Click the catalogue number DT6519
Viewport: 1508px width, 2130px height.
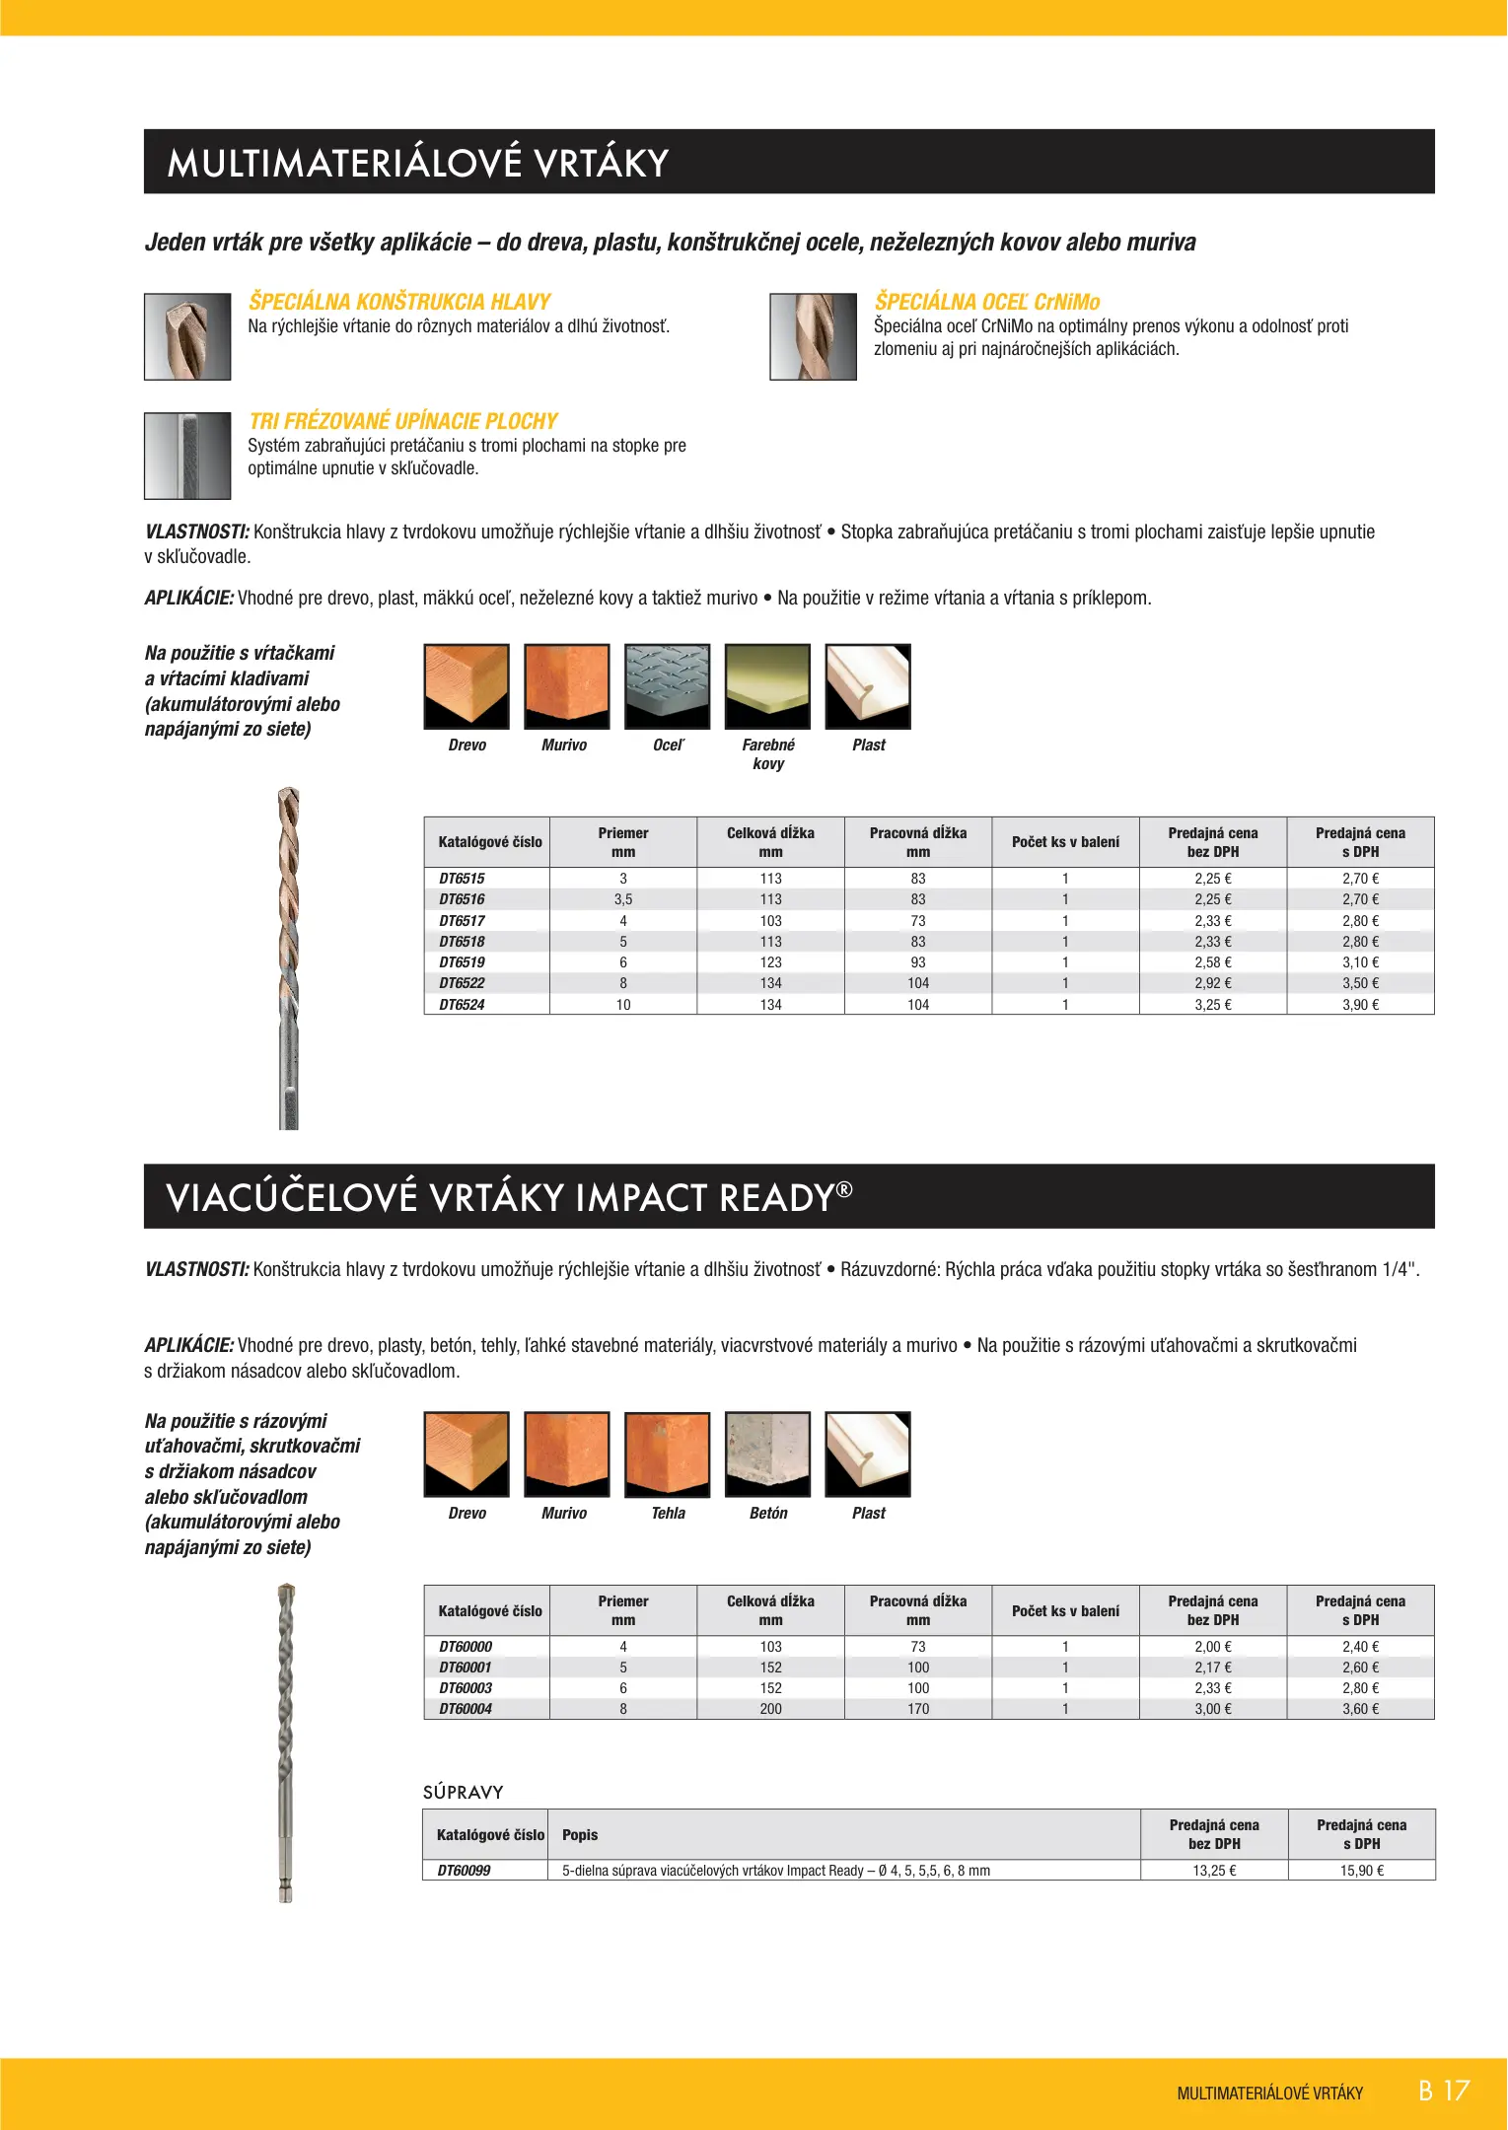[x=462, y=962]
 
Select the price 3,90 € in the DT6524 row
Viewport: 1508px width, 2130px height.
[x=1360, y=1005]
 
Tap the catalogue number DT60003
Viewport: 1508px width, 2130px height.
[x=466, y=1688]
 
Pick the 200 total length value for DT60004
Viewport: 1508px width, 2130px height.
[x=770, y=1709]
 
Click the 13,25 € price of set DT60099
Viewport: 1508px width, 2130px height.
[x=1214, y=1871]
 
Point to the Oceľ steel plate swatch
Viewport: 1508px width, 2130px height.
[x=667, y=686]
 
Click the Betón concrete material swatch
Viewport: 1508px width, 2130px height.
[x=767, y=1455]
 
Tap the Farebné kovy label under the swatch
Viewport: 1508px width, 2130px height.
[x=768, y=754]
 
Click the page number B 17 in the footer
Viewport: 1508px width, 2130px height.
[x=1444, y=2091]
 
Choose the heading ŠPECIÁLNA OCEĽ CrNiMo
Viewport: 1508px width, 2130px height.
[x=986, y=302]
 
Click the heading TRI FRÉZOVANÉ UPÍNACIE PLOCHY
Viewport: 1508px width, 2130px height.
[x=402, y=421]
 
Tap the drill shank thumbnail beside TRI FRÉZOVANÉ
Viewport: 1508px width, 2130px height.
[x=187, y=456]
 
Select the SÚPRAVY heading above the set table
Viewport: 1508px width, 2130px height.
[x=464, y=1792]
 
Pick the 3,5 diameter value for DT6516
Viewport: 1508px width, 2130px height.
[x=623, y=899]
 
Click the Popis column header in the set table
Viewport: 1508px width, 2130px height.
[x=580, y=1835]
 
